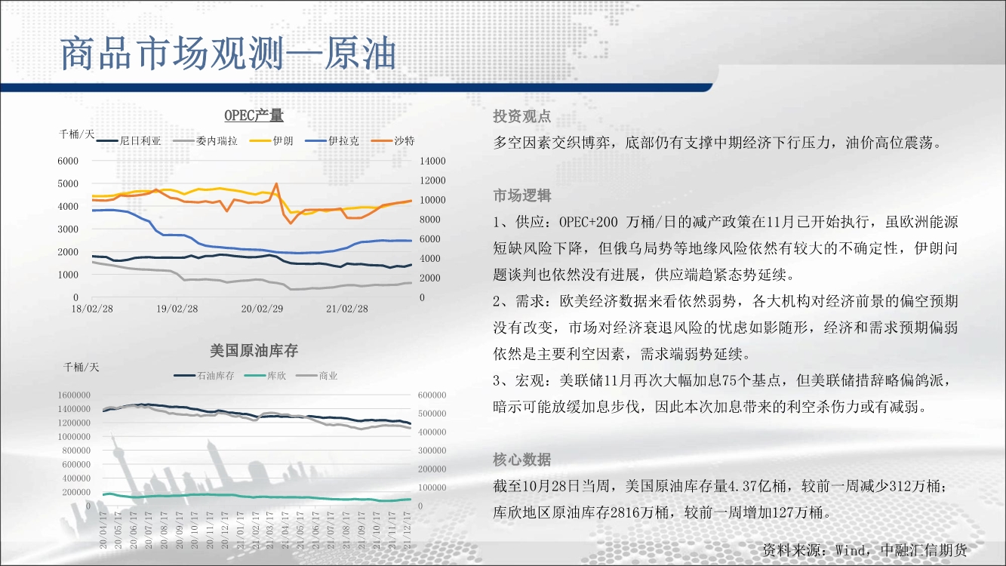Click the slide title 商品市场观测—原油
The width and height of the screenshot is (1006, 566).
(x=228, y=54)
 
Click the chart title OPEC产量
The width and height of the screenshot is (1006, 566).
(x=254, y=115)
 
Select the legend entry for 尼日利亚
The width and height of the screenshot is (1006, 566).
(x=129, y=141)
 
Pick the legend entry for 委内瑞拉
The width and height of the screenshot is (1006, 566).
(x=205, y=141)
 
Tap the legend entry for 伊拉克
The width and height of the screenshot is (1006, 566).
(x=332, y=141)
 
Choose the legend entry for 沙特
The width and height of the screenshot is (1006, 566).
(x=393, y=141)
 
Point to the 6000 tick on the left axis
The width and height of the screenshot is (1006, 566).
(x=68, y=161)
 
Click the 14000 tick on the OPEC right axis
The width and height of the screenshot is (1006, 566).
(x=432, y=161)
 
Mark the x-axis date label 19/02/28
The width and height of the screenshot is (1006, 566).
(x=177, y=309)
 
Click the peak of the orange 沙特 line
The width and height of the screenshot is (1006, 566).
(x=276, y=183)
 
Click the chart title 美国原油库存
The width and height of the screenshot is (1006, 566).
(x=254, y=351)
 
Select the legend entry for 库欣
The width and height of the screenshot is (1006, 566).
(x=266, y=376)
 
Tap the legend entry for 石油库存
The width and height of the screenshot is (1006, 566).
(x=205, y=376)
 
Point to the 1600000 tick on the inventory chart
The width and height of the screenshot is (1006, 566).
(x=74, y=395)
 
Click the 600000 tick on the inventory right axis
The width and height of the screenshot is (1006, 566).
(x=432, y=395)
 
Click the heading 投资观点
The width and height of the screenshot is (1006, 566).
(x=521, y=116)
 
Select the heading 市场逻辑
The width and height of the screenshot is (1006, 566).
(x=521, y=195)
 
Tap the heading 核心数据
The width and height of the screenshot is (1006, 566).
(x=521, y=460)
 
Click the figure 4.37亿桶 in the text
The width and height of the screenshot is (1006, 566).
(x=757, y=486)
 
